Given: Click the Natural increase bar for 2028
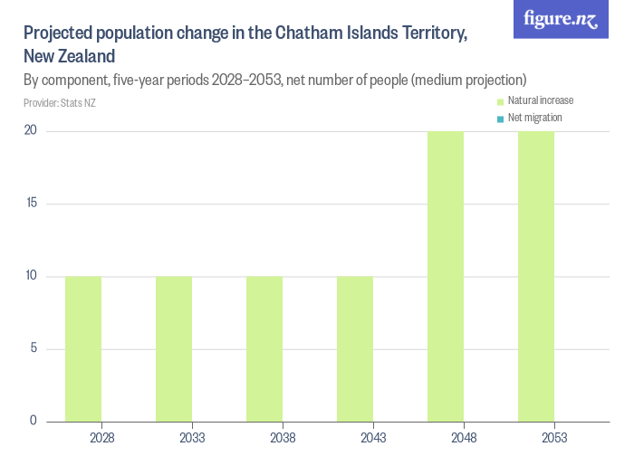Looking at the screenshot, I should [x=83, y=348].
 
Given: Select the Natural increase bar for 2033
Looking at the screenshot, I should [x=174, y=348].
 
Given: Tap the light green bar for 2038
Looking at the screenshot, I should [x=264, y=348].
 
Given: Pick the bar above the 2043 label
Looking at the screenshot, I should [x=355, y=348].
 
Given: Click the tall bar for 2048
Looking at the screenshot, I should [x=446, y=276].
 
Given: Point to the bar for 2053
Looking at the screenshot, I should [x=536, y=276].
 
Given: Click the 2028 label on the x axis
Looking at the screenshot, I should [x=101, y=438].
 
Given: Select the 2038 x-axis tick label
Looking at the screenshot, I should [x=283, y=438].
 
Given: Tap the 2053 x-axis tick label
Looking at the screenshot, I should [x=554, y=438].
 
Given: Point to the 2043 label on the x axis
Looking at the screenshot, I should [x=373, y=438].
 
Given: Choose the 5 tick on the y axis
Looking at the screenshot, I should [x=34, y=348].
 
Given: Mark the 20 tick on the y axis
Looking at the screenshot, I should [x=31, y=131].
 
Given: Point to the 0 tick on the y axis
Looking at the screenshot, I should [x=34, y=421].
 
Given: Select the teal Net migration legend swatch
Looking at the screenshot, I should [x=499, y=119].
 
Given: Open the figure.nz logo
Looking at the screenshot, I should [x=561, y=19].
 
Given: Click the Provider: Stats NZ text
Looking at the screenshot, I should [x=60, y=103].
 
